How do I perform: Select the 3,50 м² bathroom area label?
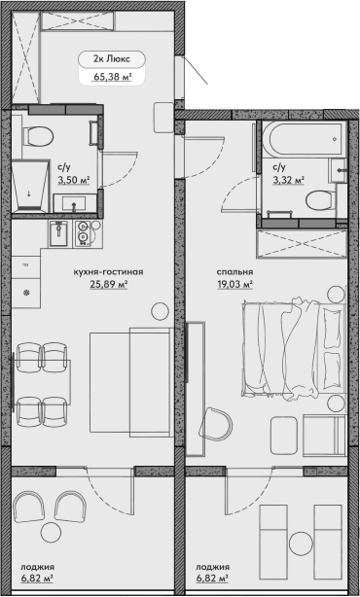coord(73,180)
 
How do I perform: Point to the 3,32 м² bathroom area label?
coord(288,180)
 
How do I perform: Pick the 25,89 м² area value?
coord(109,285)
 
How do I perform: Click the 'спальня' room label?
coord(234,272)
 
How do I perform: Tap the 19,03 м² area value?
coord(234,285)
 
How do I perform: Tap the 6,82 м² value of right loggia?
coord(212,579)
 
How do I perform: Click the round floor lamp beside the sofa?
coord(160,310)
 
